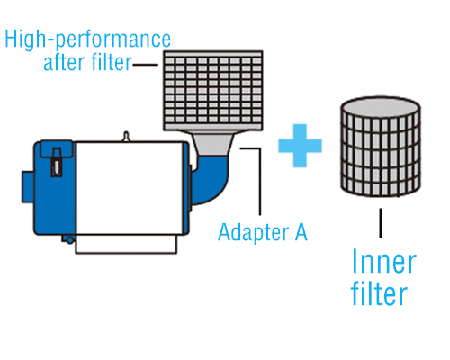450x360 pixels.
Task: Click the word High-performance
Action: (87, 40)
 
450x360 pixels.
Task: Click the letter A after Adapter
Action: (301, 232)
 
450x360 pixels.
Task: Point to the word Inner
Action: (384, 262)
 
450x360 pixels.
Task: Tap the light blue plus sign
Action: (300, 146)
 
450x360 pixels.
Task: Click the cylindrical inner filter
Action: (381, 147)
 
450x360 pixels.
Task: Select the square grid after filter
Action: (213, 91)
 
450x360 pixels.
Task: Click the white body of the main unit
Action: (129, 187)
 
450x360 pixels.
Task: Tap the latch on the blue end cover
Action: (57, 162)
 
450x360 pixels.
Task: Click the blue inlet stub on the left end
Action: (28, 186)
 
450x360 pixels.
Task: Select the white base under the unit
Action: (126, 245)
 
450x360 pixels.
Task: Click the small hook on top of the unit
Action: (126, 136)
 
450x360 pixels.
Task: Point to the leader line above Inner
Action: (381, 223)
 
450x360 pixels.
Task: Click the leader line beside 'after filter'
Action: (146, 64)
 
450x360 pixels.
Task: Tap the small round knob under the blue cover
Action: (69, 239)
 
